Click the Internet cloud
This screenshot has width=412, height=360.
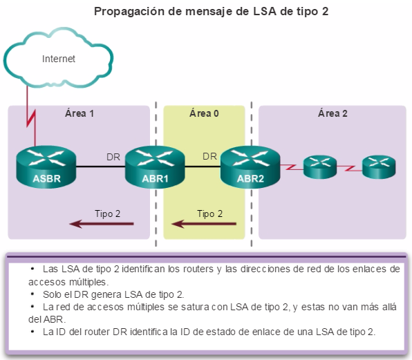click(58, 58)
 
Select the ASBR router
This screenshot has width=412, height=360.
click(46, 167)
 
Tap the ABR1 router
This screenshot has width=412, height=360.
click(155, 167)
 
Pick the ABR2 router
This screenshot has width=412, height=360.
click(250, 167)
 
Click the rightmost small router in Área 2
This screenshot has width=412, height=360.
click(379, 167)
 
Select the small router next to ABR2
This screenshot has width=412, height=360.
click(320, 167)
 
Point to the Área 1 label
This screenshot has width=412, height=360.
click(79, 113)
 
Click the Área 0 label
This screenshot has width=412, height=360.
click(204, 113)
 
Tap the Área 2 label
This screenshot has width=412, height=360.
click(333, 113)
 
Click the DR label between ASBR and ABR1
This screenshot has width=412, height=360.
click(113, 157)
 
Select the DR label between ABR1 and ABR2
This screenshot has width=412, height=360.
click(209, 156)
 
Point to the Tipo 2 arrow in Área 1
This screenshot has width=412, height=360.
click(102, 224)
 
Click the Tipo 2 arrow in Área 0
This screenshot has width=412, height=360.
click(204, 224)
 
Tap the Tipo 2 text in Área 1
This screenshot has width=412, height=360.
click(107, 214)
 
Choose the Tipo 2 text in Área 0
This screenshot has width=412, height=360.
click(209, 214)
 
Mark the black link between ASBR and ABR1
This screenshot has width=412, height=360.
click(101, 167)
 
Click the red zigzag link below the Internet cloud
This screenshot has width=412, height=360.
click(31, 116)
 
